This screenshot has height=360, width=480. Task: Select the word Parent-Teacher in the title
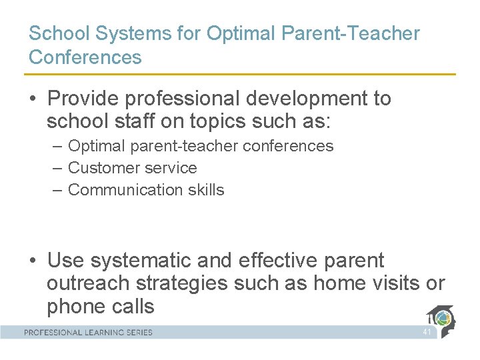(x=354, y=33)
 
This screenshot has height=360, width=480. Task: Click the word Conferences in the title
(x=85, y=57)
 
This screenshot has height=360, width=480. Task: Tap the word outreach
(x=88, y=283)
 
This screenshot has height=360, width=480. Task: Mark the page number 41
(x=427, y=332)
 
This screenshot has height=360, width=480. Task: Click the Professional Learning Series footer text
(x=89, y=332)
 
